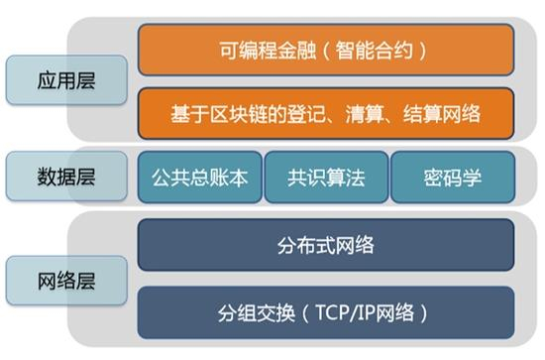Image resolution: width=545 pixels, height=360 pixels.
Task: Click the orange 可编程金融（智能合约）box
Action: [326, 49]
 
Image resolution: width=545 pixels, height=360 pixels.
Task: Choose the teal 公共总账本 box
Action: [200, 179]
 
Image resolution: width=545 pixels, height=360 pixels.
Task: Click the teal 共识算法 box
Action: [326, 179]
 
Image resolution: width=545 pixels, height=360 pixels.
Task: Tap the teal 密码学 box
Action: [452, 179]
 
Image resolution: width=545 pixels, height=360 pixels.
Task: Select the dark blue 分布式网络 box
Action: [326, 244]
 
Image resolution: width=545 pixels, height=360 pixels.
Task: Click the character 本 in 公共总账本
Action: [236, 179]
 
